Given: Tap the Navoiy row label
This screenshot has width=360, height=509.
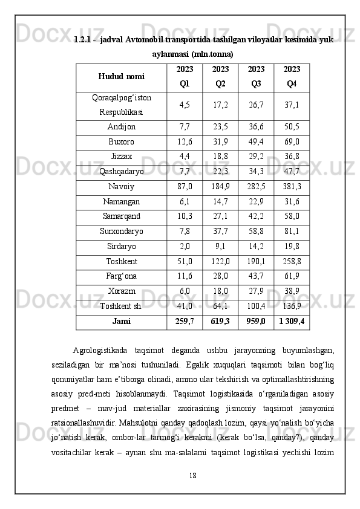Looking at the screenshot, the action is click(x=121, y=187).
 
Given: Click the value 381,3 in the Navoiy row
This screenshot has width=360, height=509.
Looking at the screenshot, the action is click(x=292, y=187).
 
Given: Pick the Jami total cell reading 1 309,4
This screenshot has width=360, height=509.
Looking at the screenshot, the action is click(x=292, y=321).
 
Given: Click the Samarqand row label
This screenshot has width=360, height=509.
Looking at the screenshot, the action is click(x=121, y=216).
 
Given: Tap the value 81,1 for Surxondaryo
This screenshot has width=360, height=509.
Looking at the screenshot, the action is click(x=292, y=231).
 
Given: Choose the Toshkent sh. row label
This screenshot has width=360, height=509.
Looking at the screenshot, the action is click(x=121, y=306).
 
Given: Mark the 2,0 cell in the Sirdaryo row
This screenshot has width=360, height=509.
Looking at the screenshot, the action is click(x=185, y=246).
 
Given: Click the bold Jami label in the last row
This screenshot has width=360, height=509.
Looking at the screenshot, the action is click(x=121, y=321).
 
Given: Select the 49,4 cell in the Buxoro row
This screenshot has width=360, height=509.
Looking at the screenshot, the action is click(x=256, y=142).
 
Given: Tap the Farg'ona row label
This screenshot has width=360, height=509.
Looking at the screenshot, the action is click(x=121, y=276).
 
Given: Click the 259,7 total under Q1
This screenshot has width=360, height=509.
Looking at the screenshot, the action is click(x=185, y=321).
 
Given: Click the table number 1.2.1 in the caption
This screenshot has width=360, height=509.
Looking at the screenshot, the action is click(x=83, y=40).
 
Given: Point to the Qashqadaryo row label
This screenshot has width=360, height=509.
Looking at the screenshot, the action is click(x=121, y=172).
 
